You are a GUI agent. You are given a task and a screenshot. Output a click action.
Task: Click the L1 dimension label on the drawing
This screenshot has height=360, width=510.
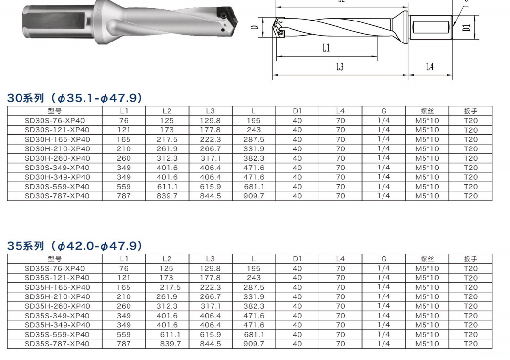click(326, 48)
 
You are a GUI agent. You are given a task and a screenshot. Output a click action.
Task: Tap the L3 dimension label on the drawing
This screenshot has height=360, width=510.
click(340, 66)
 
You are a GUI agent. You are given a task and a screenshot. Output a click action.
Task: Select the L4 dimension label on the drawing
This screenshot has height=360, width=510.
click(430, 66)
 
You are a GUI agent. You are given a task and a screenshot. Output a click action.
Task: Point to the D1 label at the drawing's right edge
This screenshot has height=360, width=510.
click(467, 27)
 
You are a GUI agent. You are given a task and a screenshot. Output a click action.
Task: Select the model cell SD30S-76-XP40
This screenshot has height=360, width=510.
click(55, 121)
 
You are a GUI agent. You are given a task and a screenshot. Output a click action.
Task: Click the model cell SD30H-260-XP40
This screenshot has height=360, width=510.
click(57, 158)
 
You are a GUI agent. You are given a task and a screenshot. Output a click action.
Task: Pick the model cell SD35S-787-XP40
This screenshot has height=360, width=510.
click(57, 344)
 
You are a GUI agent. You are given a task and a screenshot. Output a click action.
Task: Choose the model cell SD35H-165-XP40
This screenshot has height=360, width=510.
click(57, 288)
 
